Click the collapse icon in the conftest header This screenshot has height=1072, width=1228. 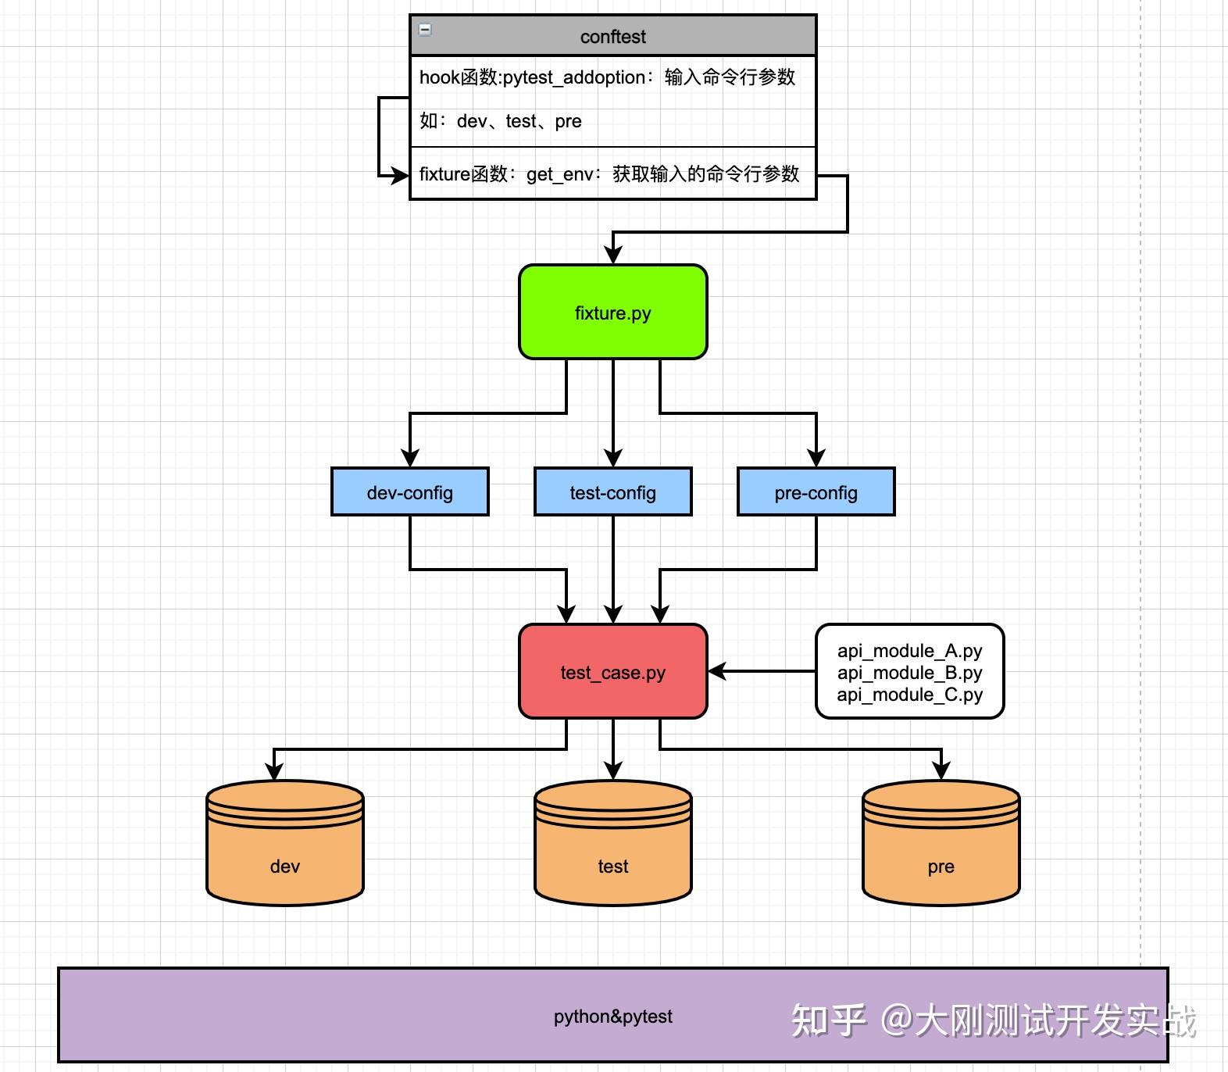pos(425,30)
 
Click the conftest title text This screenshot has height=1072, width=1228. pos(613,37)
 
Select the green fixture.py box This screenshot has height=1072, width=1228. pos(613,313)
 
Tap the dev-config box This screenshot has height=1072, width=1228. pos(410,492)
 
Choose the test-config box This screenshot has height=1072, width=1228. pos(613,492)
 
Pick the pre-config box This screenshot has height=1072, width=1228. pos(816,492)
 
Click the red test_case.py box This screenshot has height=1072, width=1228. pos(613,672)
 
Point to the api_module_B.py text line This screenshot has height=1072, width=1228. pos(910,673)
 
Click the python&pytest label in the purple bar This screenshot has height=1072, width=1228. pos(613,1017)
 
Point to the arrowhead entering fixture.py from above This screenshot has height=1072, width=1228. pos(613,255)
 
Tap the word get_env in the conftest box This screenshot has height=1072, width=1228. pos(559,174)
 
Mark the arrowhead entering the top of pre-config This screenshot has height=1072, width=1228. pos(816,458)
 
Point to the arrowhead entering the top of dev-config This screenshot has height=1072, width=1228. pos(410,458)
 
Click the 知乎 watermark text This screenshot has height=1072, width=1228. pos(829,1020)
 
